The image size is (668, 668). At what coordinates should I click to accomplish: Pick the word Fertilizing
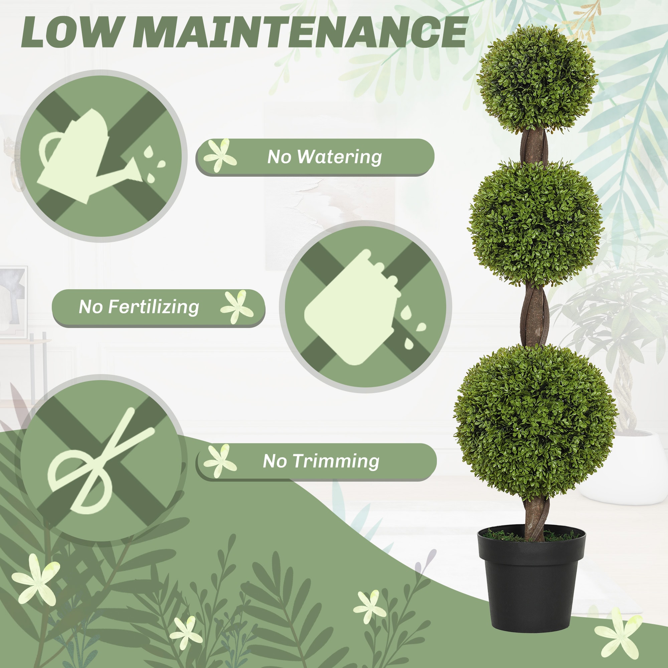point(154,307)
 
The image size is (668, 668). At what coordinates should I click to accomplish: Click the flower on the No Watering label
point(220,155)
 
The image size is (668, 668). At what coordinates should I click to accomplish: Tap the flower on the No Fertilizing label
point(237,307)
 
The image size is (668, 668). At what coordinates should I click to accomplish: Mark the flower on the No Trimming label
point(220,461)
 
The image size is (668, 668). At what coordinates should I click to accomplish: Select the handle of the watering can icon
point(48,149)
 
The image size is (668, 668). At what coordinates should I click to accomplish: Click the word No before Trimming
point(275,461)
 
